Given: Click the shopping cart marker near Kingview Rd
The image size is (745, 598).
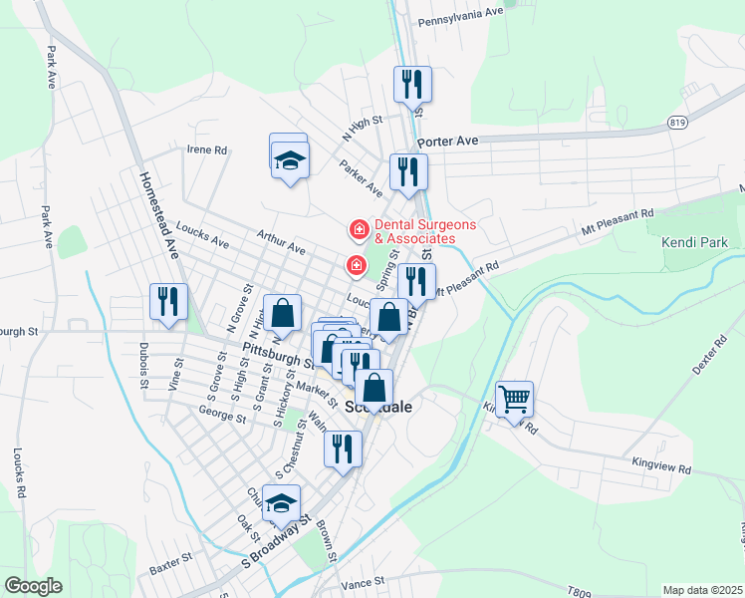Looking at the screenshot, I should tap(514, 399).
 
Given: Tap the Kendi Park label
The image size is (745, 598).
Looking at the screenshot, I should tap(694, 242).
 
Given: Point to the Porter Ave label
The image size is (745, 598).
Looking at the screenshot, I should tap(448, 143).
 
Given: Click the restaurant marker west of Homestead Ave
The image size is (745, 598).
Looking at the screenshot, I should tap(168, 301).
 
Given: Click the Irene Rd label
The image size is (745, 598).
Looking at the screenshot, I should tap(207, 150).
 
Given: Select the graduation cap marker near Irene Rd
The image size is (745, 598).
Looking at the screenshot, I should tap(289, 158).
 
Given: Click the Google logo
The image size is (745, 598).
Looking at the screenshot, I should tap(33, 586).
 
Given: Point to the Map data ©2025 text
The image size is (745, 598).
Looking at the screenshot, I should tap(702, 590).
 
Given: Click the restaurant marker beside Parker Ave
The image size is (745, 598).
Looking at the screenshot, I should tap(409, 172).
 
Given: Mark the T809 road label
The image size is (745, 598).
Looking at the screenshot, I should tap(580, 591).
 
